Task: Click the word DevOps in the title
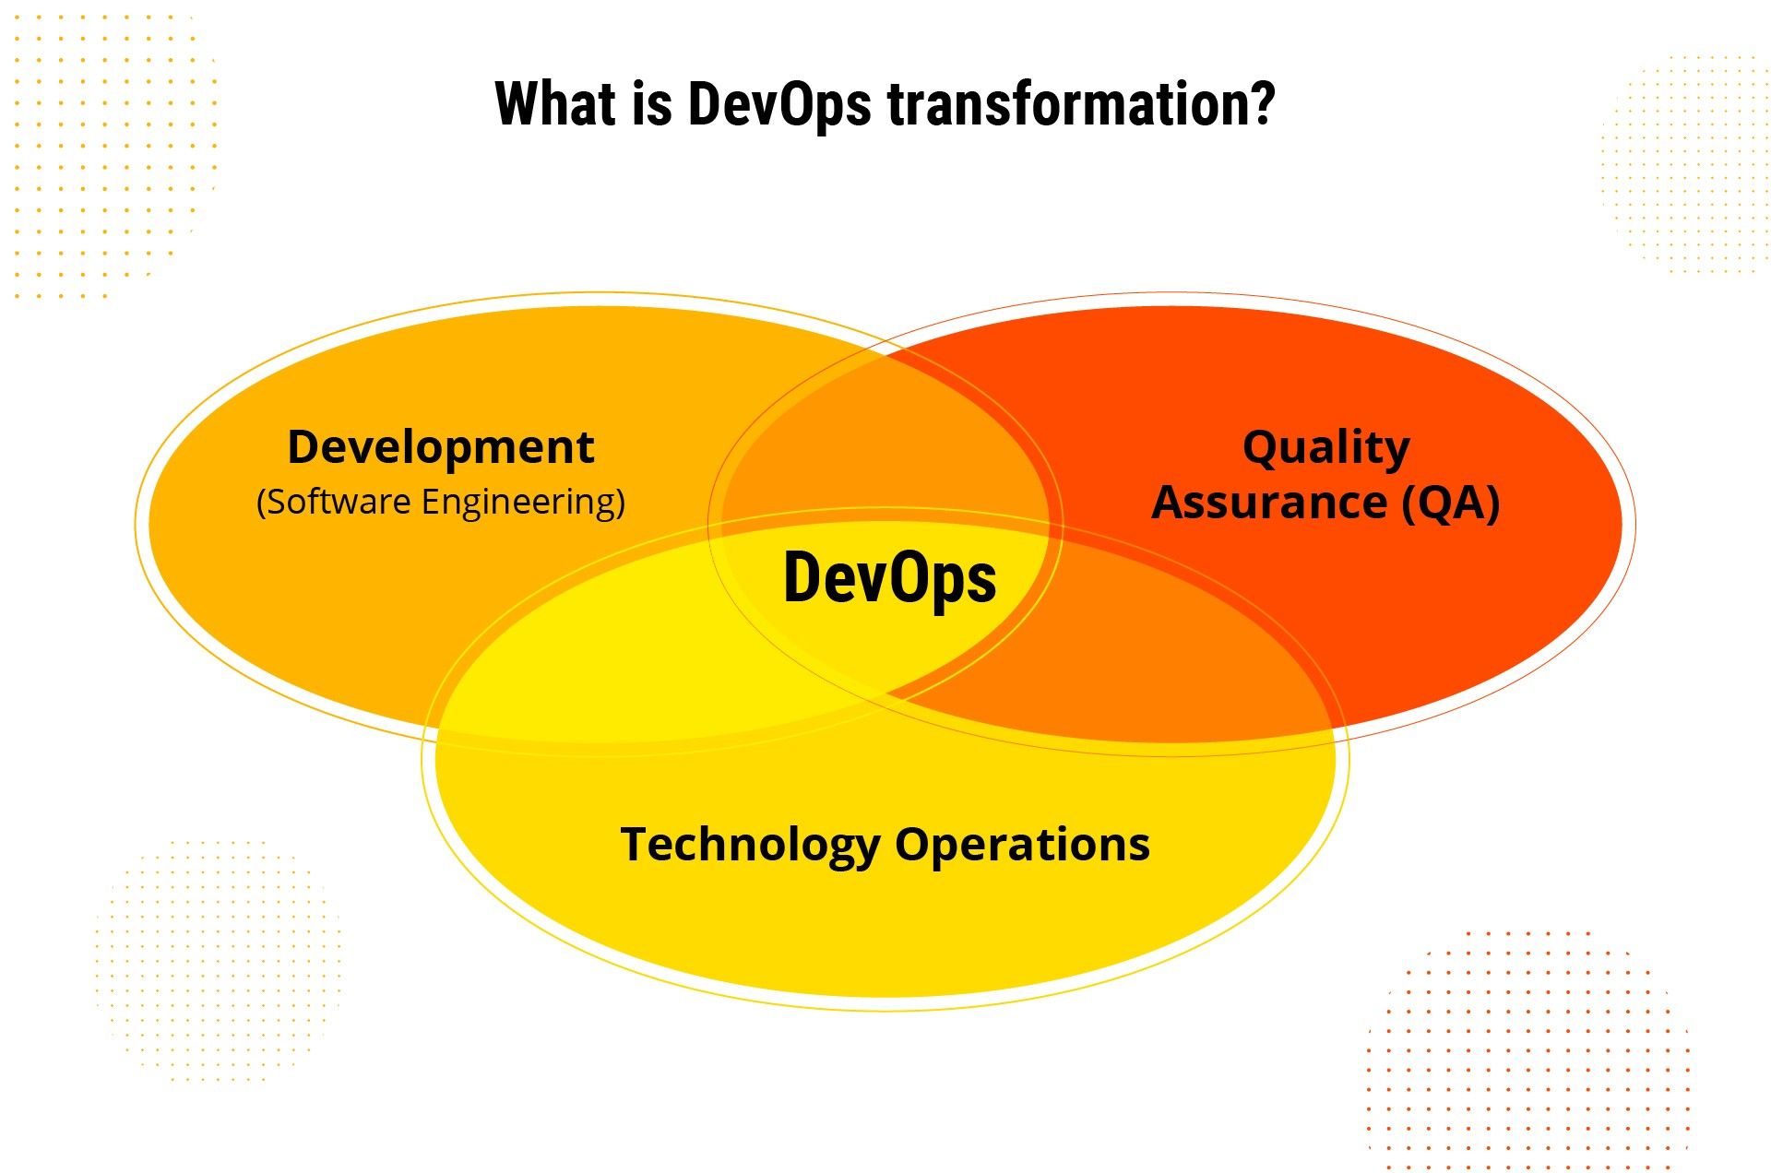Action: click(779, 104)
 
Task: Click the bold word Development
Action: click(441, 447)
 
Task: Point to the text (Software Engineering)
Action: click(441, 502)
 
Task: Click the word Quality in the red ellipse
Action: click(1325, 448)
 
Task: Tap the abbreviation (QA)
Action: click(1451, 504)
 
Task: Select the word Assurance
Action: click(1269, 504)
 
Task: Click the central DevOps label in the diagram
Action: click(890, 578)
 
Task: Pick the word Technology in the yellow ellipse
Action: click(751, 845)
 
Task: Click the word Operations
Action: click(1022, 845)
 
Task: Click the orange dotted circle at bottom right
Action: click(1528, 1051)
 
